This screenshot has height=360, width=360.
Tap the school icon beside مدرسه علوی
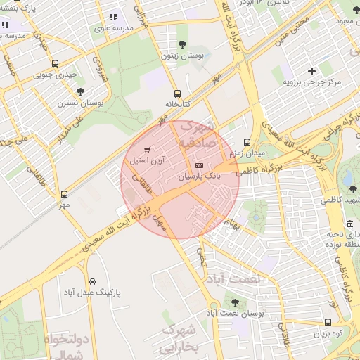point(113,18)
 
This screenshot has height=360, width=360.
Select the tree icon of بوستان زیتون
point(182,44)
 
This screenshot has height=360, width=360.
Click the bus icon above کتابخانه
point(177,93)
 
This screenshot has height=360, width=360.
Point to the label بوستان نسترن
point(80,102)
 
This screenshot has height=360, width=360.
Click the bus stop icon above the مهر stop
point(65,194)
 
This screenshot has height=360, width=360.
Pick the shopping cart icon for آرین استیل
point(146,149)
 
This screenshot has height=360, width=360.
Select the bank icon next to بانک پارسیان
point(199,165)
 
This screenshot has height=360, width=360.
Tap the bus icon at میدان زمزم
point(246,141)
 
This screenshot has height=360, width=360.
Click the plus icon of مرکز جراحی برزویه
point(311,71)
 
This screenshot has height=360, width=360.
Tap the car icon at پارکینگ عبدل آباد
point(93,281)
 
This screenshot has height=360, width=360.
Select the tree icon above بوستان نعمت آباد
point(234,302)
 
